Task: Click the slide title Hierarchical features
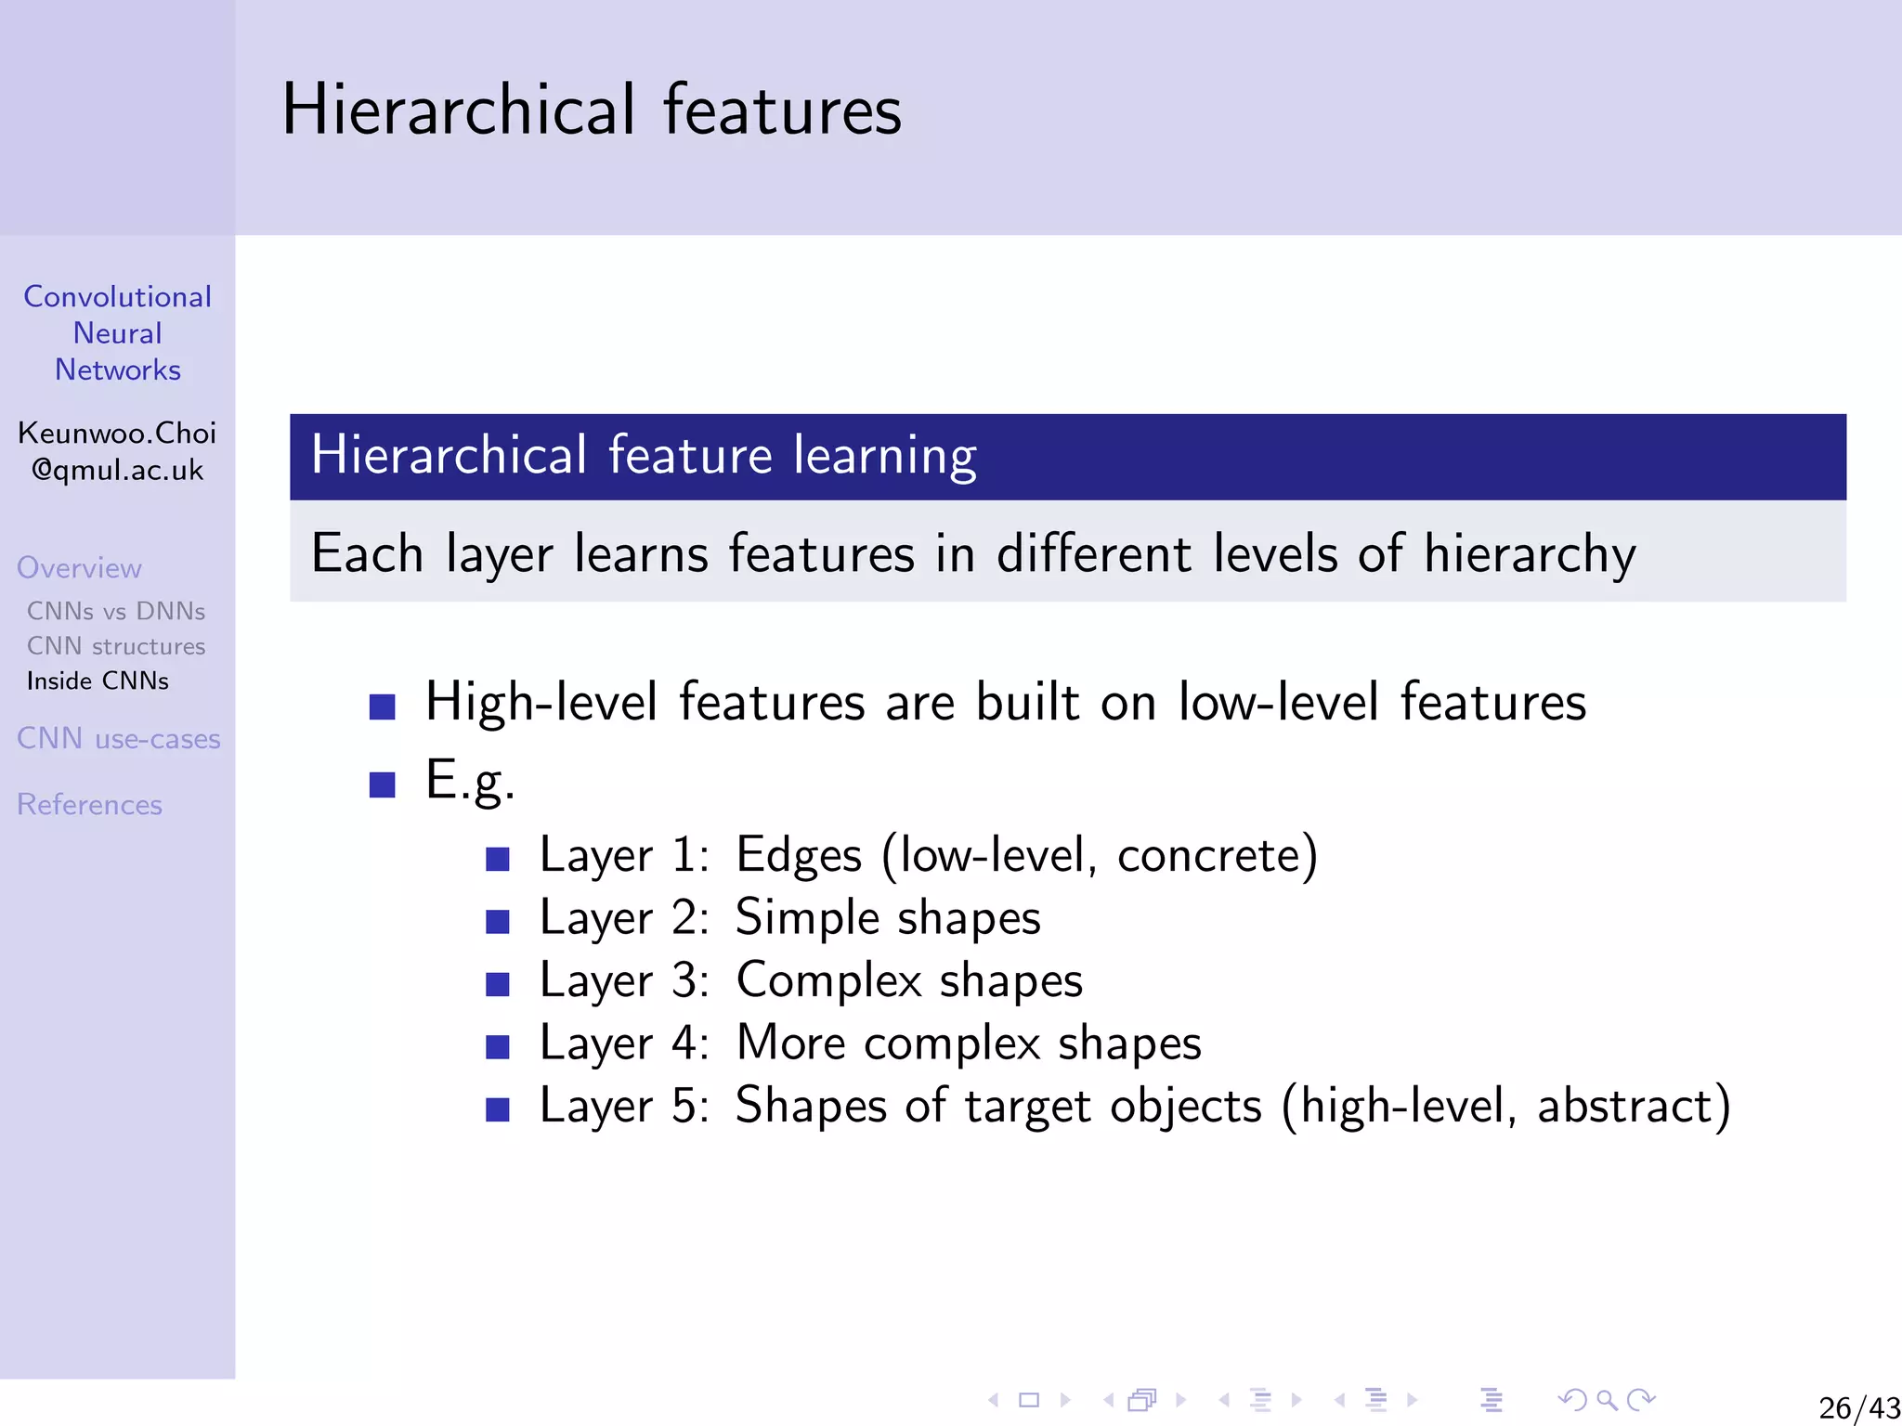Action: [592, 110]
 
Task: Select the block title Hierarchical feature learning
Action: [643, 455]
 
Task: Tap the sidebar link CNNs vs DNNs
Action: [116, 611]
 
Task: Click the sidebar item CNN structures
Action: [116, 646]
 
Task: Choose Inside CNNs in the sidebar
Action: [98, 681]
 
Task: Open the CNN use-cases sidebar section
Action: [118, 739]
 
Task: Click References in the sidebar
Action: [89, 804]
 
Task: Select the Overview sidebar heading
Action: [79, 567]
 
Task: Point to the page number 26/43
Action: [1858, 1407]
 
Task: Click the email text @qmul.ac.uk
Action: [117, 470]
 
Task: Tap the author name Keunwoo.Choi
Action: [117, 433]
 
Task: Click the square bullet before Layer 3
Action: [498, 984]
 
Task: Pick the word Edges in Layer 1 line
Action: [798, 856]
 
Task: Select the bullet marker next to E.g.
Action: [382, 784]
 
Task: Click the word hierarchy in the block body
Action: [1530, 554]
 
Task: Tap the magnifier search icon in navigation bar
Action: [1607, 1399]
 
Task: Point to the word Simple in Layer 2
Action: [806, 917]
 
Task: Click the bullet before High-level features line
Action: [382, 707]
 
